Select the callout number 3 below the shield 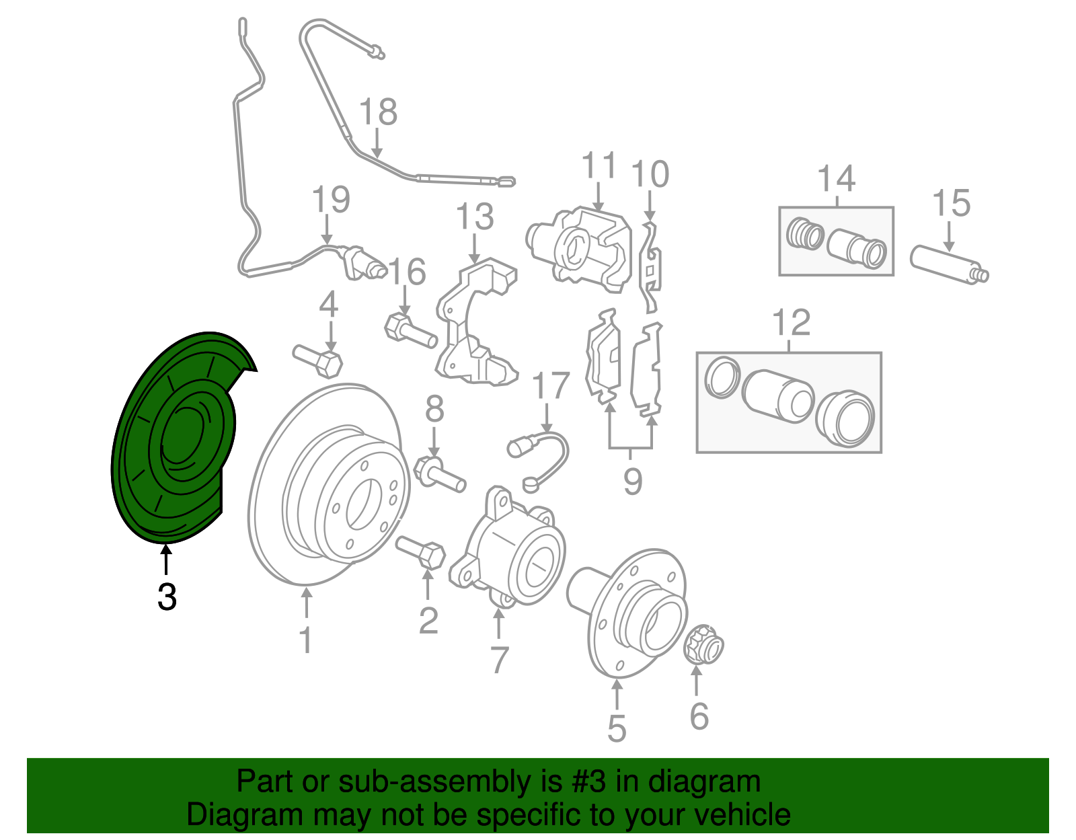point(167,597)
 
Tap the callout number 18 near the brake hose point(378,112)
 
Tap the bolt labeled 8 point(440,473)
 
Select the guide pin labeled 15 point(949,266)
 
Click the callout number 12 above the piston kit point(792,323)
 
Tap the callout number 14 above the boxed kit point(836,179)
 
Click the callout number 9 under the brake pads point(632,482)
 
